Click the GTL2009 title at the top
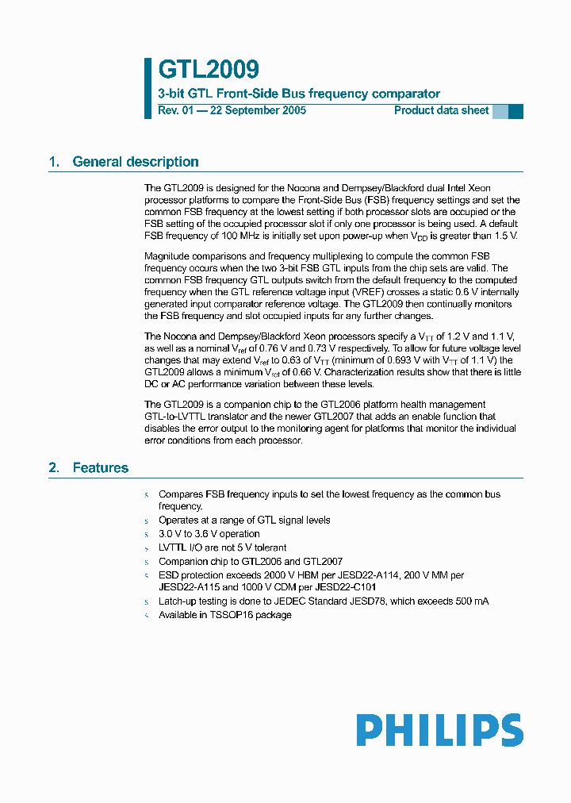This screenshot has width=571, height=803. point(208,70)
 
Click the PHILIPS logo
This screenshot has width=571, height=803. point(439,730)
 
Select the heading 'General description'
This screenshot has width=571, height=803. point(136,162)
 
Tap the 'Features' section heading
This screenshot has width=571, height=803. point(100,468)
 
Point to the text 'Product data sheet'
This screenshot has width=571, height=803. point(442,110)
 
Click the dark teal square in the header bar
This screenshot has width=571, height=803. point(515,111)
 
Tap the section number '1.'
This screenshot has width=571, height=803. point(54,162)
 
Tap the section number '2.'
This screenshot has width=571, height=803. point(54,468)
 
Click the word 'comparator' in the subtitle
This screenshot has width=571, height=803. point(407,94)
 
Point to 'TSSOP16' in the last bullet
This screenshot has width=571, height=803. point(229,615)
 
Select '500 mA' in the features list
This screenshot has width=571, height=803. point(470,601)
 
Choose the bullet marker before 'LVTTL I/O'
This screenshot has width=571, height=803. point(147,548)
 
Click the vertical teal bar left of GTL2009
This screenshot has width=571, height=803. point(148,88)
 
